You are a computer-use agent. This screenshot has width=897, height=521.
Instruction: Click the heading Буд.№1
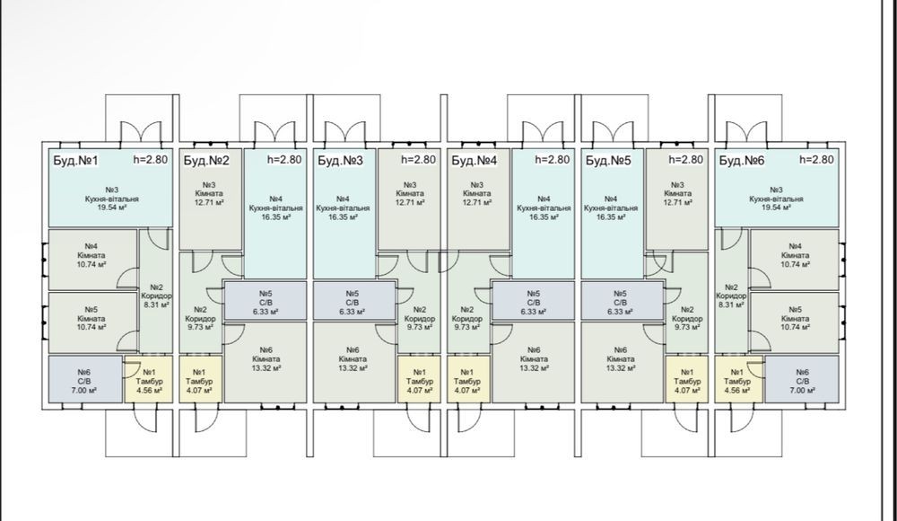pos(75,160)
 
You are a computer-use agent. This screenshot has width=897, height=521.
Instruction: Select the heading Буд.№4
pos(475,160)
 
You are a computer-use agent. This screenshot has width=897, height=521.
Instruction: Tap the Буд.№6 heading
pos(742,160)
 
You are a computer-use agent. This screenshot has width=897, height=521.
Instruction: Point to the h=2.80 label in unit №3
pos(418,159)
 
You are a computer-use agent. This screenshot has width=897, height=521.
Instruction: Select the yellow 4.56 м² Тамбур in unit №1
pos(148,379)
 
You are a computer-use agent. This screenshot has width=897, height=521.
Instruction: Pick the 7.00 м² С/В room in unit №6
pos(802,379)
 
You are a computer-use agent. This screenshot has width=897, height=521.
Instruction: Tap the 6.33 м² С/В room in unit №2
pos(265,300)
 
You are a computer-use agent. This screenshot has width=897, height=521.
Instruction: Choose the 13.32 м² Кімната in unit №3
pos(353,362)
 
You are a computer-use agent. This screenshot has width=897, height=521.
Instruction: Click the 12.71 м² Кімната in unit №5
pos(676,199)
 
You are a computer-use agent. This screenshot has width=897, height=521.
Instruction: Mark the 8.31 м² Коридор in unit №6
pos(731,291)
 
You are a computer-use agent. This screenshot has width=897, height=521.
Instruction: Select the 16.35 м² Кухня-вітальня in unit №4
pos(544,214)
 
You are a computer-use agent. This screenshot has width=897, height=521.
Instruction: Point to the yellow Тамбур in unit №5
pos(687,379)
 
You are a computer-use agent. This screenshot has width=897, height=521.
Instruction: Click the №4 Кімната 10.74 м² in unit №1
pos(92,259)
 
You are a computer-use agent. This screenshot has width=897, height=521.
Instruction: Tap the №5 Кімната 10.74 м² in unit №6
pos(795,322)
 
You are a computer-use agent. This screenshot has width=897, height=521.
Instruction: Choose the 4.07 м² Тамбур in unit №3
pos(419,379)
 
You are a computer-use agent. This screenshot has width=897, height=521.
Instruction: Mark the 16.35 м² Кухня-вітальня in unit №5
pos(612,214)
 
